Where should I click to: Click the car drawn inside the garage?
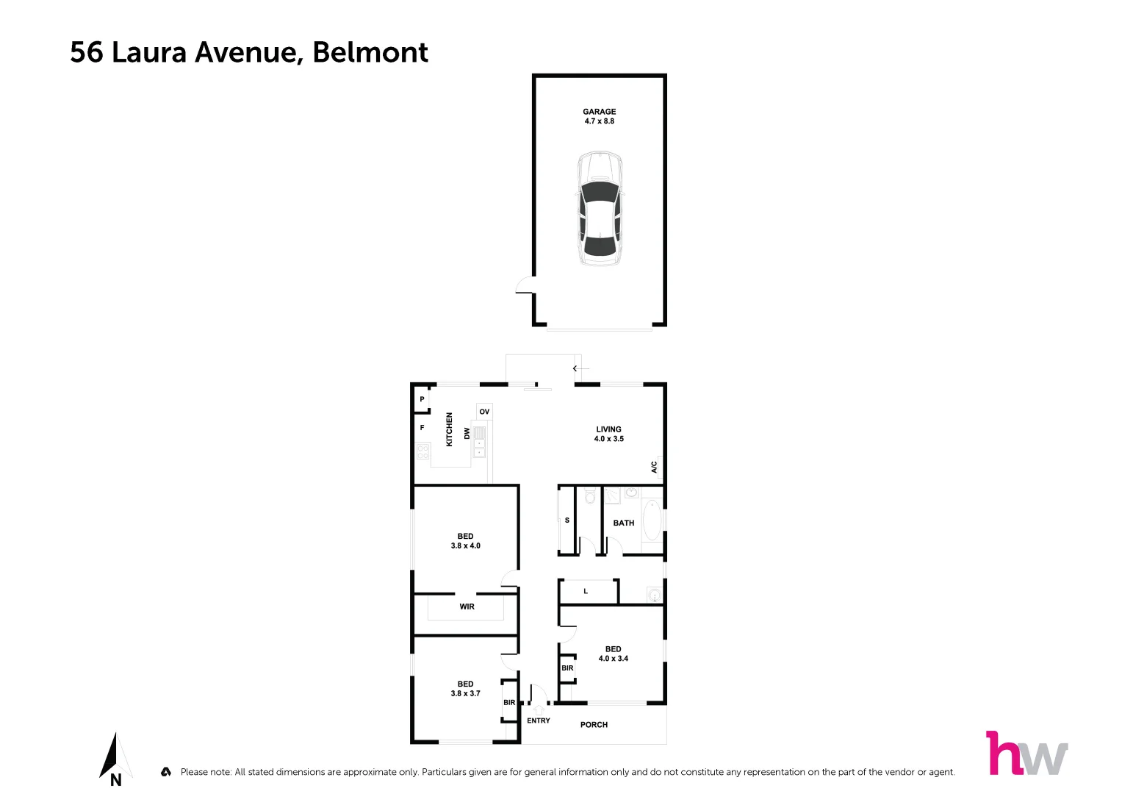pos(600,209)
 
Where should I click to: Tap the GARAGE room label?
pos(600,112)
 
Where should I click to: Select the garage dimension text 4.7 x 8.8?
pos(600,121)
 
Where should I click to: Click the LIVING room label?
pos(608,429)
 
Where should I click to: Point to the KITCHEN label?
pos(450,429)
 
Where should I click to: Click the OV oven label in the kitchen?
pos(484,412)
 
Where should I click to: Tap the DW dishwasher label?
pos(467,434)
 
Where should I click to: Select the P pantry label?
pos(422,399)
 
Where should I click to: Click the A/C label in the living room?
pos(654,467)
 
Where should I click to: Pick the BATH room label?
pos(623,523)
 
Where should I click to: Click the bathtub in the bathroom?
pos(651,521)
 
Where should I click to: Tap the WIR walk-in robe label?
pos(467,607)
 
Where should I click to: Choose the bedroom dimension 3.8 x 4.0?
pos(465,546)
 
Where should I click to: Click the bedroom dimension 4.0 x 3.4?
pos(613,659)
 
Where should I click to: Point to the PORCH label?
pos(594,725)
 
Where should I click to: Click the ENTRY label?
pos(538,720)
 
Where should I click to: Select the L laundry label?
pos(586,591)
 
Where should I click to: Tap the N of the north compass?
pos(115,781)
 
